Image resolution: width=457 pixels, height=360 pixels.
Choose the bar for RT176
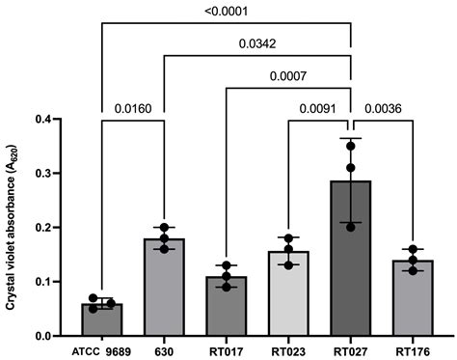click(x=414, y=298)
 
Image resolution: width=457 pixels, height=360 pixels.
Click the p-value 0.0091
click(x=319, y=107)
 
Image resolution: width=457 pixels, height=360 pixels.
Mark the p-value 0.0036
click(x=383, y=107)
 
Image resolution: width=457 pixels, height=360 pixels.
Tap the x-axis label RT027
click(x=351, y=350)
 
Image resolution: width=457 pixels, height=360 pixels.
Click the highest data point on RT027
click(x=351, y=142)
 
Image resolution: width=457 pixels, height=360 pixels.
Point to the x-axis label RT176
click(x=414, y=350)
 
